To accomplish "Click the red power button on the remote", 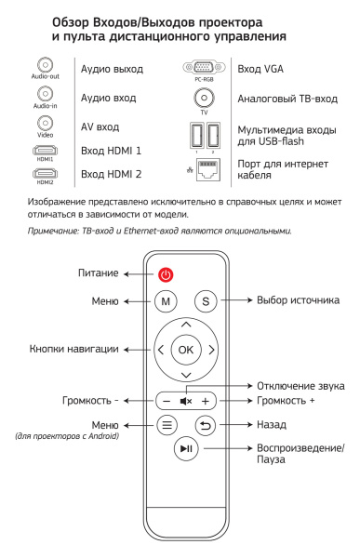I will [165, 275].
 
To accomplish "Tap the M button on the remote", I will [165, 302].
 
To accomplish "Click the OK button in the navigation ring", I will [186, 350].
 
